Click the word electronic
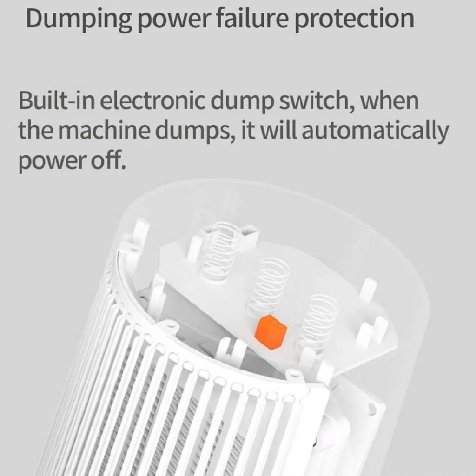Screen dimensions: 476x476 (152, 100)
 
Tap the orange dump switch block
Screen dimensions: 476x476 (271, 332)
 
